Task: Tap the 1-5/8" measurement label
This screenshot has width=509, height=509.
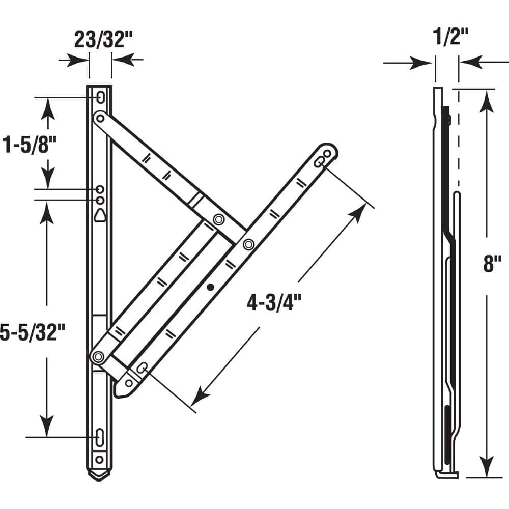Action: click(x=28, y=145)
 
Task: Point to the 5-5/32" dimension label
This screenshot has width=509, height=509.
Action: click(x=32, y=333)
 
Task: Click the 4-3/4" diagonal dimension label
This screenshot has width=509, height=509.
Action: click(x=274, y=303)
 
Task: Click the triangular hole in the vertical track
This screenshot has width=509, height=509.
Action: click(x=101, y=215)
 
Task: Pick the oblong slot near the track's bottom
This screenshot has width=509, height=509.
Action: click(x=100, y=437)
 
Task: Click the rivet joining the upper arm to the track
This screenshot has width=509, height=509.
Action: click(x=101, y=119)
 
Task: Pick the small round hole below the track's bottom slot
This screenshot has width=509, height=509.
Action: click(x=100, y=460)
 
